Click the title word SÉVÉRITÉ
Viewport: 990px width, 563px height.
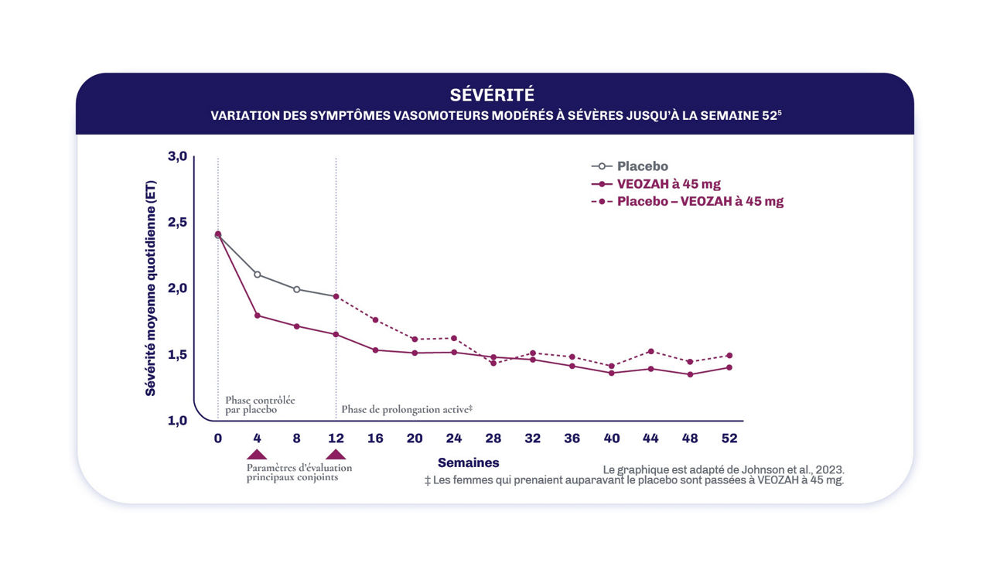492,95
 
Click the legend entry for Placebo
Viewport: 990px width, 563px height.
642,166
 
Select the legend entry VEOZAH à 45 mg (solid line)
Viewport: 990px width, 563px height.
668,184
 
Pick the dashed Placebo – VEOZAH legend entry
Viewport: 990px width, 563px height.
699,201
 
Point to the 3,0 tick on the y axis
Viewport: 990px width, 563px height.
178,156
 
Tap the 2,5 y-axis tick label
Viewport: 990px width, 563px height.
178,223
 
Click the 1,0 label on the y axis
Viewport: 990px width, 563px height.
178,421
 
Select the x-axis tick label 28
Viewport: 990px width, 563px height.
493,438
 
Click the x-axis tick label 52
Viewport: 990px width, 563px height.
729,438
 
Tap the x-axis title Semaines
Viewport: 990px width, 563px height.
468,462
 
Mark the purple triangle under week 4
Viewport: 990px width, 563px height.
257,454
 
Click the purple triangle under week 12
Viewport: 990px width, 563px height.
336,454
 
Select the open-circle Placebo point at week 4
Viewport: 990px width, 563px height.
257,275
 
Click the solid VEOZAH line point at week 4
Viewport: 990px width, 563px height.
257,316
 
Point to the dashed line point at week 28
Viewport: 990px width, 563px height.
493,363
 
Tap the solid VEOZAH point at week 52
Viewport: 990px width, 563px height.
729,367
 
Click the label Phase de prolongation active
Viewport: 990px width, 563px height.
406,409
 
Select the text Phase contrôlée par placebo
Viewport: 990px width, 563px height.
259,404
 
